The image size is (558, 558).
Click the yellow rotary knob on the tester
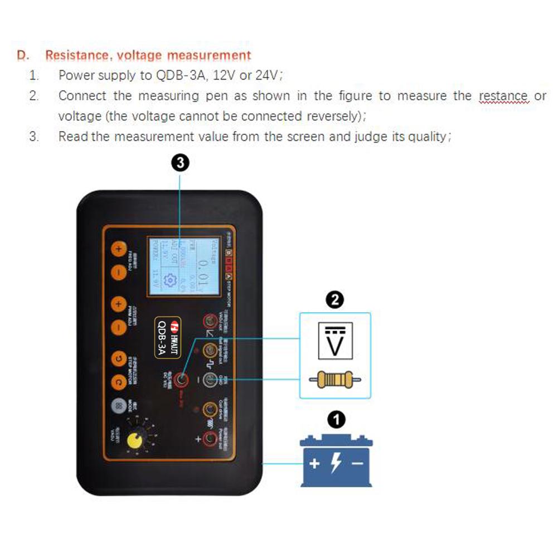pos(134,440)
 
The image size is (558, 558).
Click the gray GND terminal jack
pos(210,380)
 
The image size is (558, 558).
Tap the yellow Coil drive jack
pos(210,410)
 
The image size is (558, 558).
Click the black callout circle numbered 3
pos(179,163)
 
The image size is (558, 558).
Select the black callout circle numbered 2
pos(334,301)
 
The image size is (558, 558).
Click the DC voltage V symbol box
pos(335,340)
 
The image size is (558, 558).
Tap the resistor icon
pos(335,380)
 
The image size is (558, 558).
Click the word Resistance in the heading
pos(76,56)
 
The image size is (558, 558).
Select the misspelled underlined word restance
pos(503,96)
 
